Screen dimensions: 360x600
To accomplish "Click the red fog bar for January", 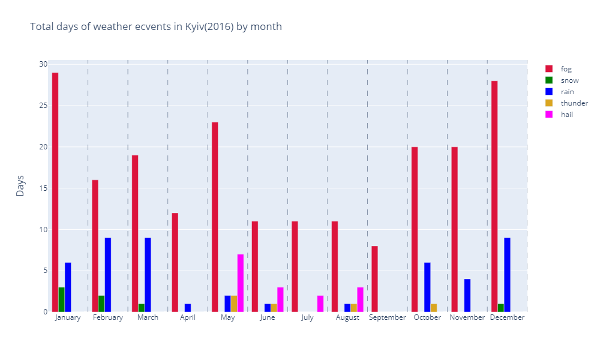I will pos(55,192).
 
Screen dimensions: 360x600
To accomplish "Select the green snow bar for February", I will pos(101,304).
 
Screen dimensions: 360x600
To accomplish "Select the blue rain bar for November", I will pos(467,295).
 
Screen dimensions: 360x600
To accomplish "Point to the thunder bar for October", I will pos(434,308).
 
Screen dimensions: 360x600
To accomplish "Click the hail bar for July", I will pos(320,304).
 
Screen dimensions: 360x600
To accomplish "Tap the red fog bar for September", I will pos(374,279).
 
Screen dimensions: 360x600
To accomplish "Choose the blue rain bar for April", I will pos(188,308).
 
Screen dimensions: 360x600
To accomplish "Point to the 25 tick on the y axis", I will pos(43,106).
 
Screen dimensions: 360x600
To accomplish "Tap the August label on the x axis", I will pos(347,317).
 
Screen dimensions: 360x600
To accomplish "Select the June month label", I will pos(268,317).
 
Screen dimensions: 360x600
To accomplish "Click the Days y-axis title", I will pos(20,186).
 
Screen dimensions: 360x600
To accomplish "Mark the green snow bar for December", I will pos(501,308).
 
